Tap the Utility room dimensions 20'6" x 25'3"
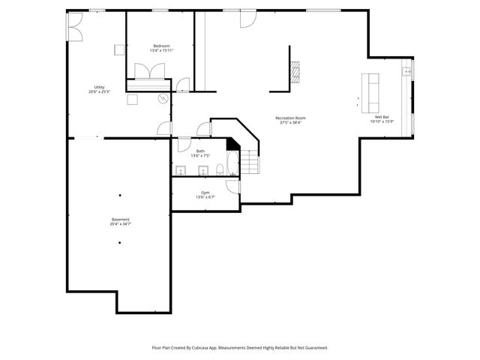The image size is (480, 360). tap(99, 91)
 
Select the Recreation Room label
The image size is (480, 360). tap(290, 118)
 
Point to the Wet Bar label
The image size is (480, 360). tap(382, 117)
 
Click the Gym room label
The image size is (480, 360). tap(205, 193)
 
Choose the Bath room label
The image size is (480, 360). tap(200, 151)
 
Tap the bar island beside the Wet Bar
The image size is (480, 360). tap(370, 88)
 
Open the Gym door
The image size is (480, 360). tap(233, 186)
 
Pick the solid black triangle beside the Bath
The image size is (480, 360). tap(232, 143)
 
